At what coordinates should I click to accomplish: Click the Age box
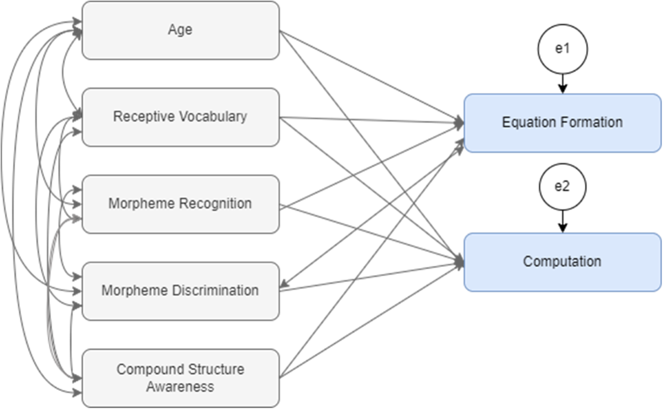click(x=181, y=30)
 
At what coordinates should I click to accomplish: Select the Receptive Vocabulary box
click(x=181, y=117)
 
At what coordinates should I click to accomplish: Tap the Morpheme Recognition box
click(x=181, y=204)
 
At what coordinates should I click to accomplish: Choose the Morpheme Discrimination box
click(x=181, y=291)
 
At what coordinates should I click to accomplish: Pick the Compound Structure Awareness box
click(x=181, y=378)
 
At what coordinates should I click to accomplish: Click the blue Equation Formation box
click(x=562, y=123)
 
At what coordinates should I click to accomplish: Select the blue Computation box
click(x=562, y=261)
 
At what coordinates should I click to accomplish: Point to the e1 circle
click(x=562, y=49)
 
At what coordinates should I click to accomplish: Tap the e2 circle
click(x=562, y=187)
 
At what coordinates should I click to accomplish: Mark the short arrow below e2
click(x=562, y=222)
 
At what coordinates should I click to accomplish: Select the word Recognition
click(x=217, y=204)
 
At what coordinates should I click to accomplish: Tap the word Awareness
click(x=181, y=386)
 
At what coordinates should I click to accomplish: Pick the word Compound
click(x=143, y=369)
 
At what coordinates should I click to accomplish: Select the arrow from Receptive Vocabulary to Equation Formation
click(x=370, y=120)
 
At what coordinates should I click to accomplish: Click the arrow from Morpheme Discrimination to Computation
click(x=370, y=276)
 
